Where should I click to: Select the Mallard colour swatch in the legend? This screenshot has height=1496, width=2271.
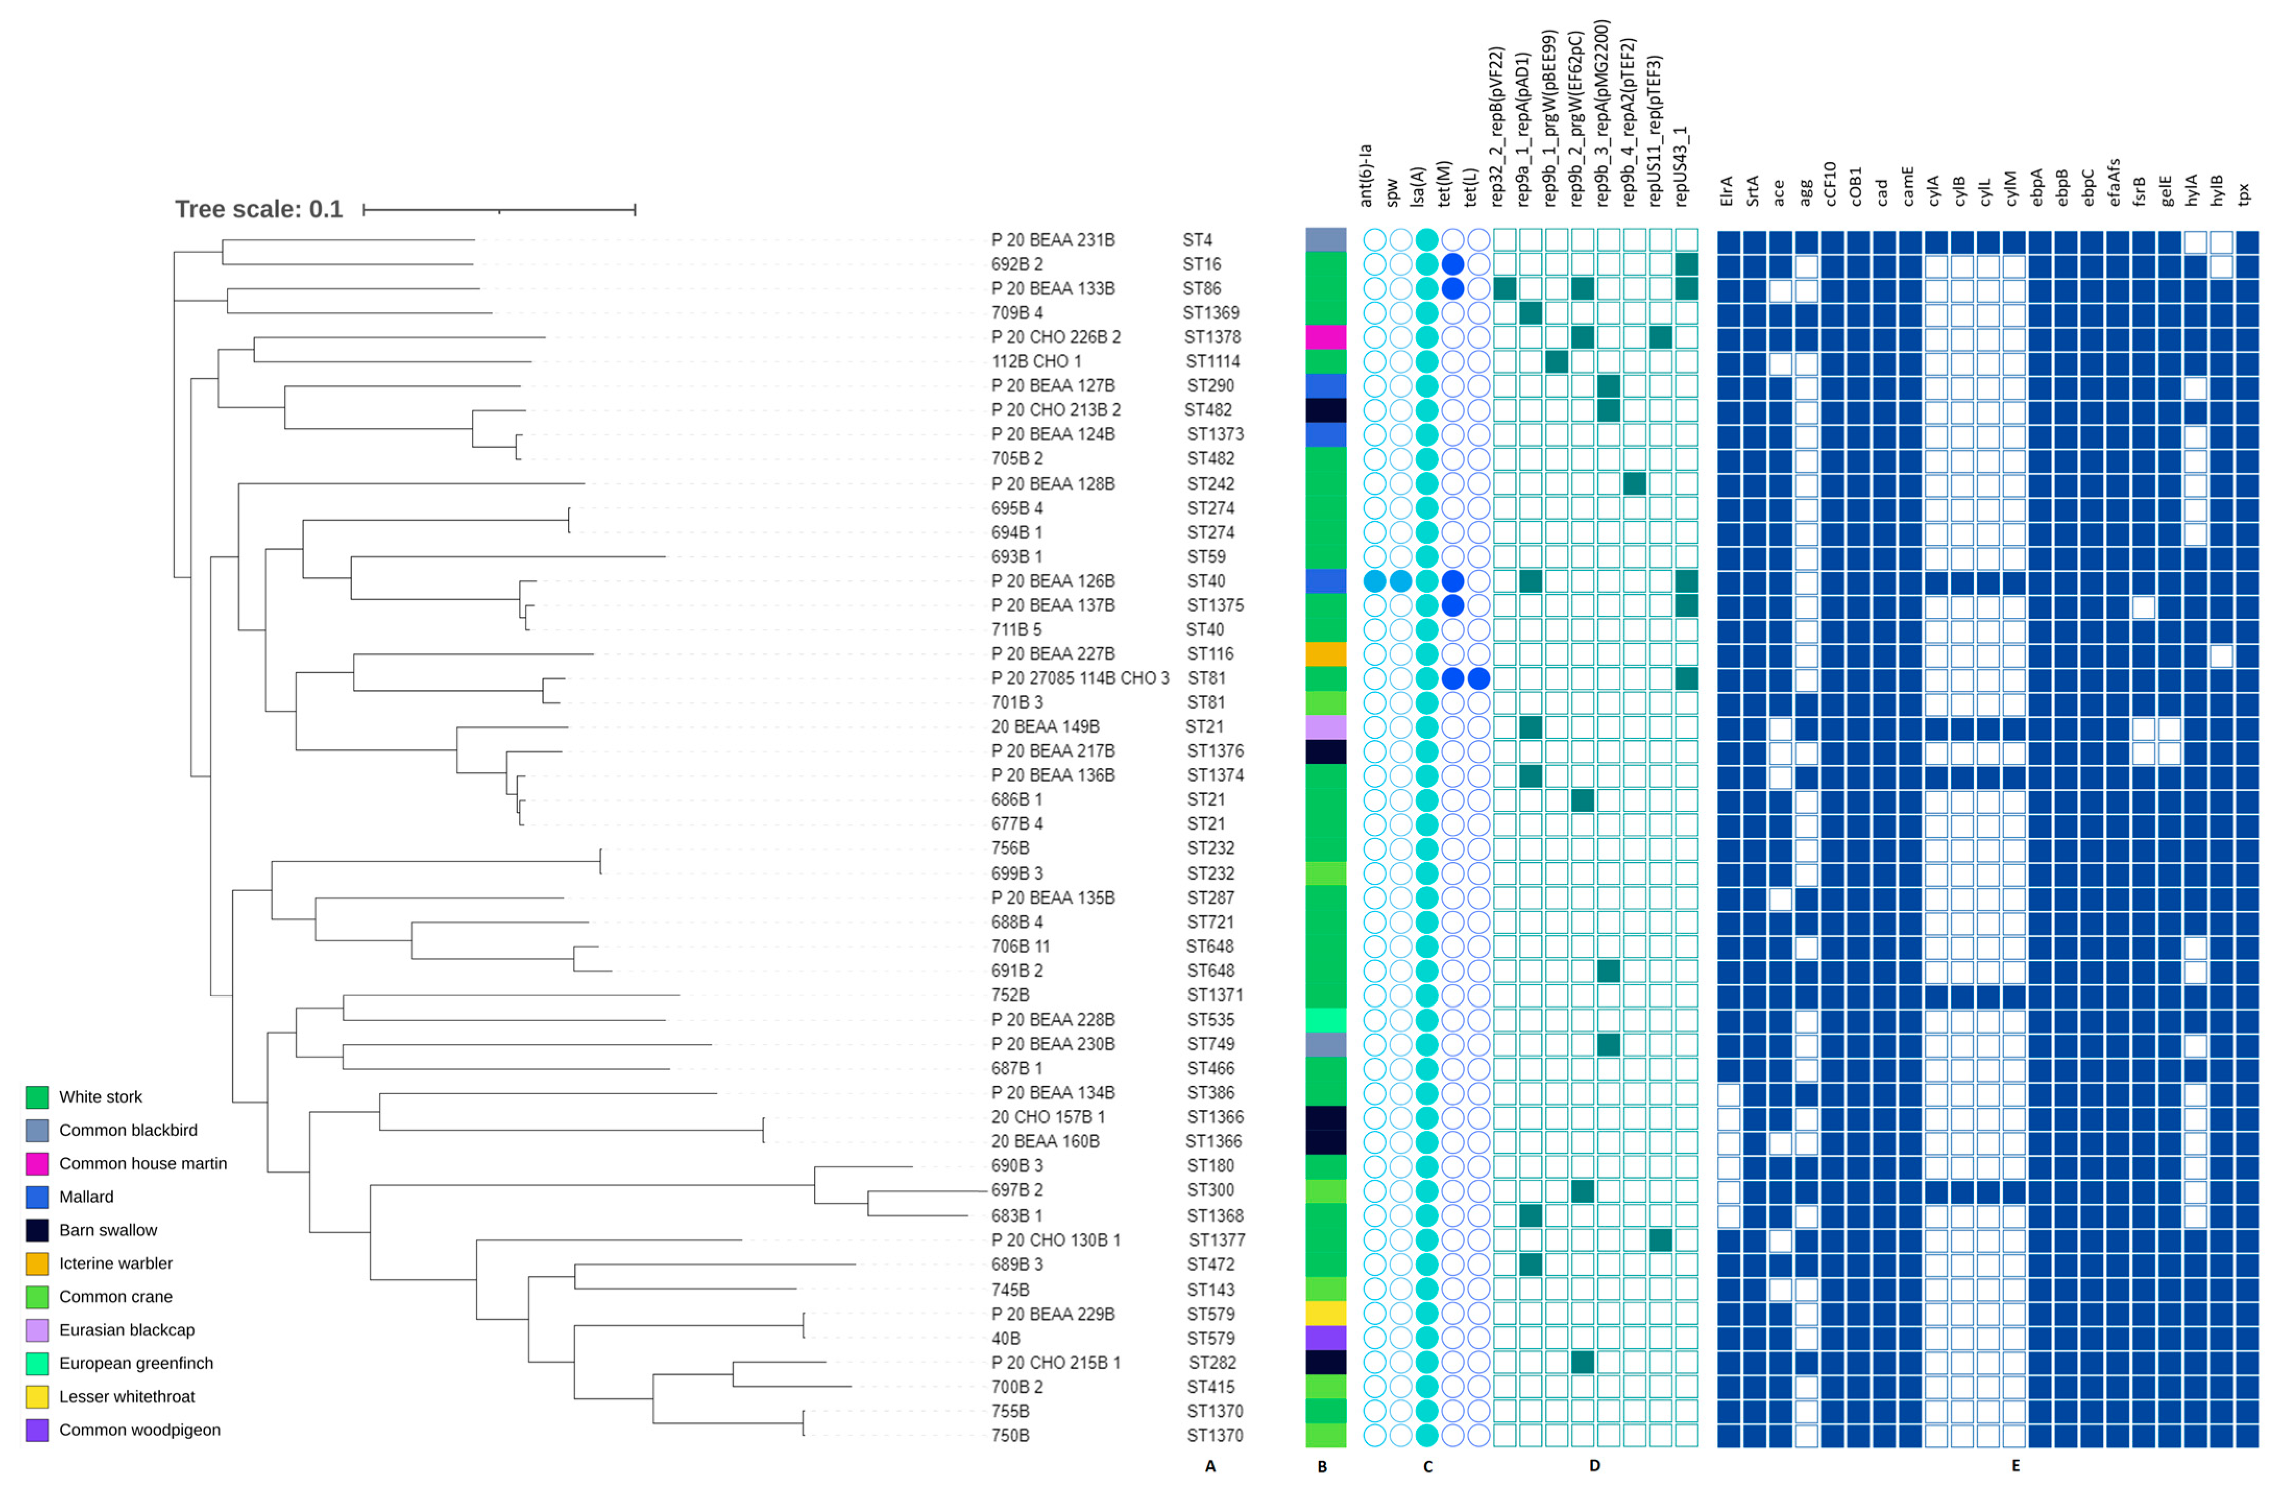[37, 1197]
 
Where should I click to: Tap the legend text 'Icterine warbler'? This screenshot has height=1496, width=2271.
[115, 1263]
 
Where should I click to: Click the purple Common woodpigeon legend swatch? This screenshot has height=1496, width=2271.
[37, 1430]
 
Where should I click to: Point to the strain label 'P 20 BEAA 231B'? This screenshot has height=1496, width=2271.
[1052, 240]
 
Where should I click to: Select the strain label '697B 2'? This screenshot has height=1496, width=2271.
[1017, 1190]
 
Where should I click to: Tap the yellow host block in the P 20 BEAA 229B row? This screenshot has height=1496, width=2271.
[1326, 1314]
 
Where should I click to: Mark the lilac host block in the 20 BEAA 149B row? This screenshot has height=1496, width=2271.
[1326, 726]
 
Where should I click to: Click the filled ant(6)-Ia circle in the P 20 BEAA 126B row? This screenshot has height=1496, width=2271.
[1374, 580]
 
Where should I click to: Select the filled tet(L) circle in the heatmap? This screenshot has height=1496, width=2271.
[1478, 678]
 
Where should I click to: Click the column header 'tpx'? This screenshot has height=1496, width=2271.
[2244, 194]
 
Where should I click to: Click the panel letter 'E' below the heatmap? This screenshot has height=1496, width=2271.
[2015, 1465]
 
